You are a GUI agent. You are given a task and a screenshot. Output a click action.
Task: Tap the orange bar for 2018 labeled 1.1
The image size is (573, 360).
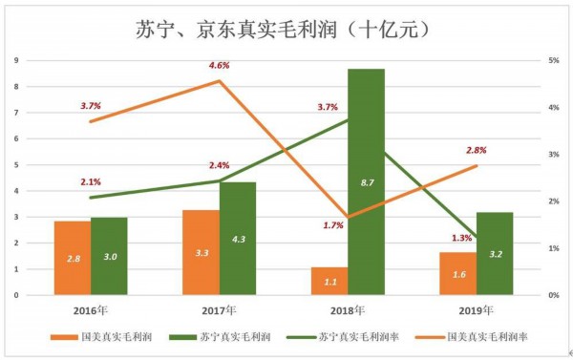pos(329,281)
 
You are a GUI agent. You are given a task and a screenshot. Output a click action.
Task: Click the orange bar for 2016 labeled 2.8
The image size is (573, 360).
pos(72,258)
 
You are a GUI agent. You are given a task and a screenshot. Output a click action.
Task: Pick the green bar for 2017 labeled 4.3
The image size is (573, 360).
pos(238,238)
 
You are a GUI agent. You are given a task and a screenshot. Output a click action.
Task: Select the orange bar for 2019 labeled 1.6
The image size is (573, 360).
pos(457,273)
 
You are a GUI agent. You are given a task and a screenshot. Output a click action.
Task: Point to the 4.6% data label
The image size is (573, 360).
pos(219,66)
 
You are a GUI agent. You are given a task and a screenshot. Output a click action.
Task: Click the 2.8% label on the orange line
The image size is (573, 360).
pos(476,150)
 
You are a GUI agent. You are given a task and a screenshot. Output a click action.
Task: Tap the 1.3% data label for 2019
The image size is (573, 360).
pos(461,238)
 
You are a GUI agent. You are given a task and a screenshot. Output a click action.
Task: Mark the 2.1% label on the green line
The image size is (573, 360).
pos(91,181)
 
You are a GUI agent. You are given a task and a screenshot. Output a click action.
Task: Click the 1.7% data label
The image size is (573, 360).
pos(333,225)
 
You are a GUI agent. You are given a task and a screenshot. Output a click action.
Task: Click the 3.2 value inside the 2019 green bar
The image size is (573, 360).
pos(495,254)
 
